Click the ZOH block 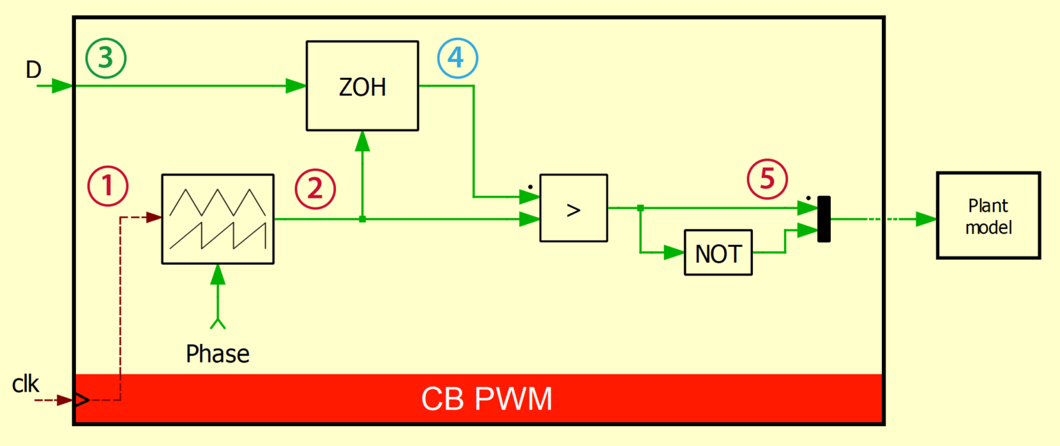[362, 86]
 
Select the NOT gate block [718, 254]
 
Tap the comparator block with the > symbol [573, 207]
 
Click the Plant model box [988, 216]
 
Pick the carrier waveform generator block [217, 219]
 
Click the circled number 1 [108, 187]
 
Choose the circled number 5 [767, 179]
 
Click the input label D [33, 70]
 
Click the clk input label [26, 384]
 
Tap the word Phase [217, 354]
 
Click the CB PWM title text [487, 399]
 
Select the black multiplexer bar [824, 219]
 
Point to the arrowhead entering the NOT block [674, 254]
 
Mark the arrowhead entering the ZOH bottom [362, 141]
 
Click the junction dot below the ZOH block [362, 219]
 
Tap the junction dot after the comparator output [640, 207]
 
